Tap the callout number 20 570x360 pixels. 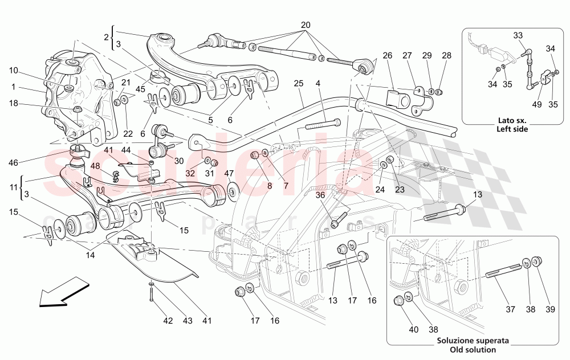coord(306,26)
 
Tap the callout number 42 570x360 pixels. coord(167,321)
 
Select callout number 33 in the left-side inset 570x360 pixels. coord(518,36)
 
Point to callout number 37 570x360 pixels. coord(511,310)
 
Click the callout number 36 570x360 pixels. coord(320,195)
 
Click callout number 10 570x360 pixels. coord(14,71)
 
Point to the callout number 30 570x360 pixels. coord(180,161)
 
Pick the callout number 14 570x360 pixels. coord(90,256)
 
